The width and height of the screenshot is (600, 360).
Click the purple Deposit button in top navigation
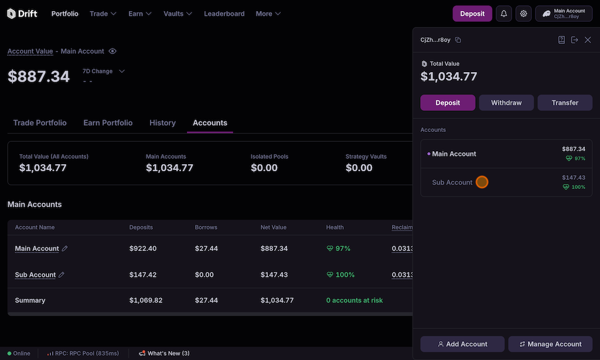472,13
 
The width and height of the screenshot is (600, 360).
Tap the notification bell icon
504,13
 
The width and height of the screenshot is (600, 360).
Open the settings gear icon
524,13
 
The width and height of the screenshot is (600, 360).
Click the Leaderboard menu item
224,13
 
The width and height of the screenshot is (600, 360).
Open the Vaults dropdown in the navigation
178,13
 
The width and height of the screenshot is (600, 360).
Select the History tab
162,123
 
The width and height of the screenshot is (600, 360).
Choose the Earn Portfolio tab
108,123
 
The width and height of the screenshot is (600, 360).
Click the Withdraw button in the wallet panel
506,103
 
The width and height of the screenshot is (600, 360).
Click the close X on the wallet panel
588,40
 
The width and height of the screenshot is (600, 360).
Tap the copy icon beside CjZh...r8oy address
458,40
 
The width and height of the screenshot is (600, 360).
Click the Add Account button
462,344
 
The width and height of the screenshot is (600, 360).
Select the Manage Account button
550,344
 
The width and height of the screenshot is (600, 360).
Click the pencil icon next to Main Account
65,249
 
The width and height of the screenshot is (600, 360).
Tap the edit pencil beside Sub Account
62,275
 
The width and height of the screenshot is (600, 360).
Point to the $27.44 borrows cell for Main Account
206,249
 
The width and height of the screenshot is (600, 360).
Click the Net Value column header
274,227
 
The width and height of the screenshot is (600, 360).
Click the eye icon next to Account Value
112,52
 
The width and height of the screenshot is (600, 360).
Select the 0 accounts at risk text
354,300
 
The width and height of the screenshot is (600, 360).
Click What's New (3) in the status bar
164,354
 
